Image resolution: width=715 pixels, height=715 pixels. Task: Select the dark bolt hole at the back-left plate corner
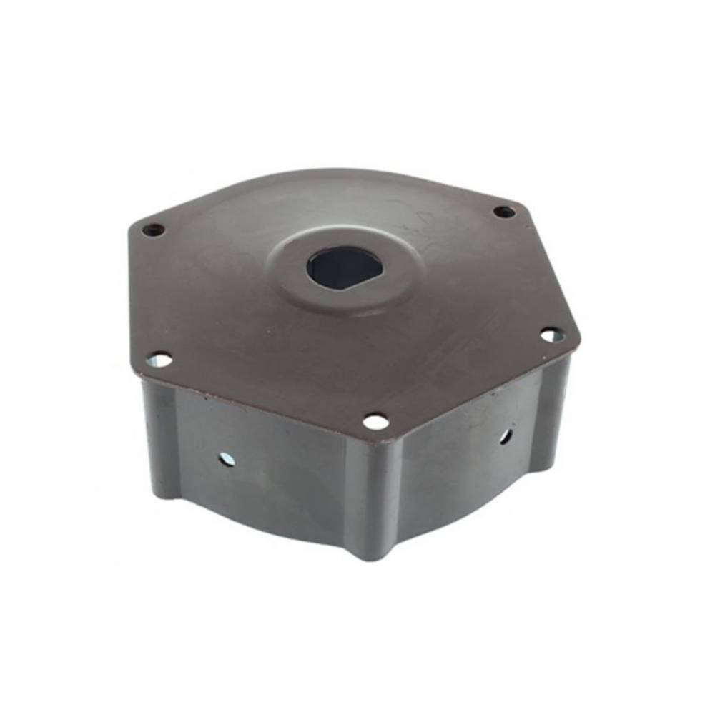coord(153,230)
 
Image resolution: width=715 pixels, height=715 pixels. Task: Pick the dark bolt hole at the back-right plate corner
coord(505,212)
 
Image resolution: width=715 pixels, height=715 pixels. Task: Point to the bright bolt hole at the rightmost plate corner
coord(551,335)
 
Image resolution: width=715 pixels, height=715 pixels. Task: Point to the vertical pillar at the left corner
coord(161,436)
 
